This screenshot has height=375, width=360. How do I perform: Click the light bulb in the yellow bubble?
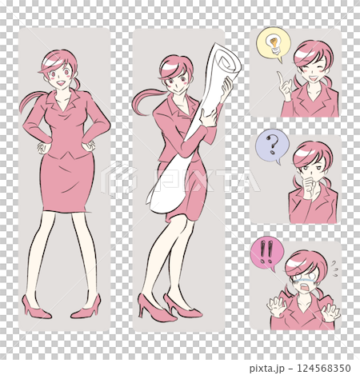coord(274,44)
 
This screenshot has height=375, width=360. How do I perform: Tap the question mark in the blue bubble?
coord(272,145)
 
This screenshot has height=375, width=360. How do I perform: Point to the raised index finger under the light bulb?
coord(280,78)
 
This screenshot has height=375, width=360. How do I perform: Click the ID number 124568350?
coord(324,369)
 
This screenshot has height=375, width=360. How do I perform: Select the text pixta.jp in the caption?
coord(267,369)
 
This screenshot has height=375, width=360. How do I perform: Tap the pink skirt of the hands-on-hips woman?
coord(67,182)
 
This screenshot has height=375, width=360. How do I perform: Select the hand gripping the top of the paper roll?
coord(226,90)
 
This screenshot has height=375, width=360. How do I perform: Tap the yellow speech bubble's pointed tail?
coord(279,60)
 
